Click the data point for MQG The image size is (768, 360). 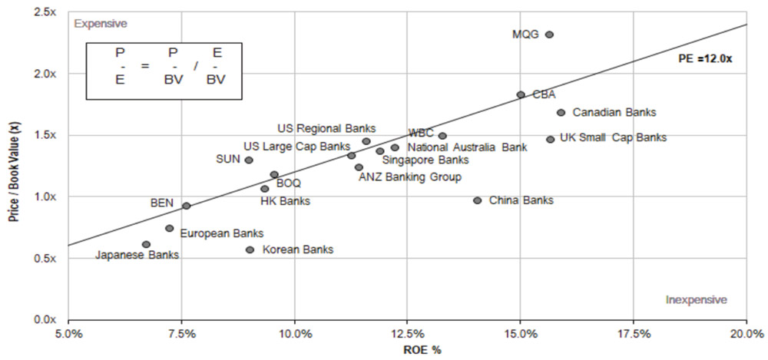[549, 35]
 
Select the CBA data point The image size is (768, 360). [521, 94]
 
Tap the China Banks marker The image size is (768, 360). [478, 200]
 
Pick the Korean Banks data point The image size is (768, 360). [250, 249]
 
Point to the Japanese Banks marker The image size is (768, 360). [147, 244]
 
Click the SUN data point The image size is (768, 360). [249, 160]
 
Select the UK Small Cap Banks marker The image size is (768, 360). [550, 139]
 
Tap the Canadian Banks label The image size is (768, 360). [614, 112]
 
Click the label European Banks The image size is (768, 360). [221, 233]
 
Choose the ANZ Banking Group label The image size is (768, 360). [410, 177]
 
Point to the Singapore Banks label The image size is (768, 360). [425, 160]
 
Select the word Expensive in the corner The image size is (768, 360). [100, 24]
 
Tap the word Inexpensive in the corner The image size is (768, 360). [696, 299]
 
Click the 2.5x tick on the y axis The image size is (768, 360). [49, 12]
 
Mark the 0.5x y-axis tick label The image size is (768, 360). [49, 258]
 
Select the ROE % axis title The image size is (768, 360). [407, 350]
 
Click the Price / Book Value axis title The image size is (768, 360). [14, 166]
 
